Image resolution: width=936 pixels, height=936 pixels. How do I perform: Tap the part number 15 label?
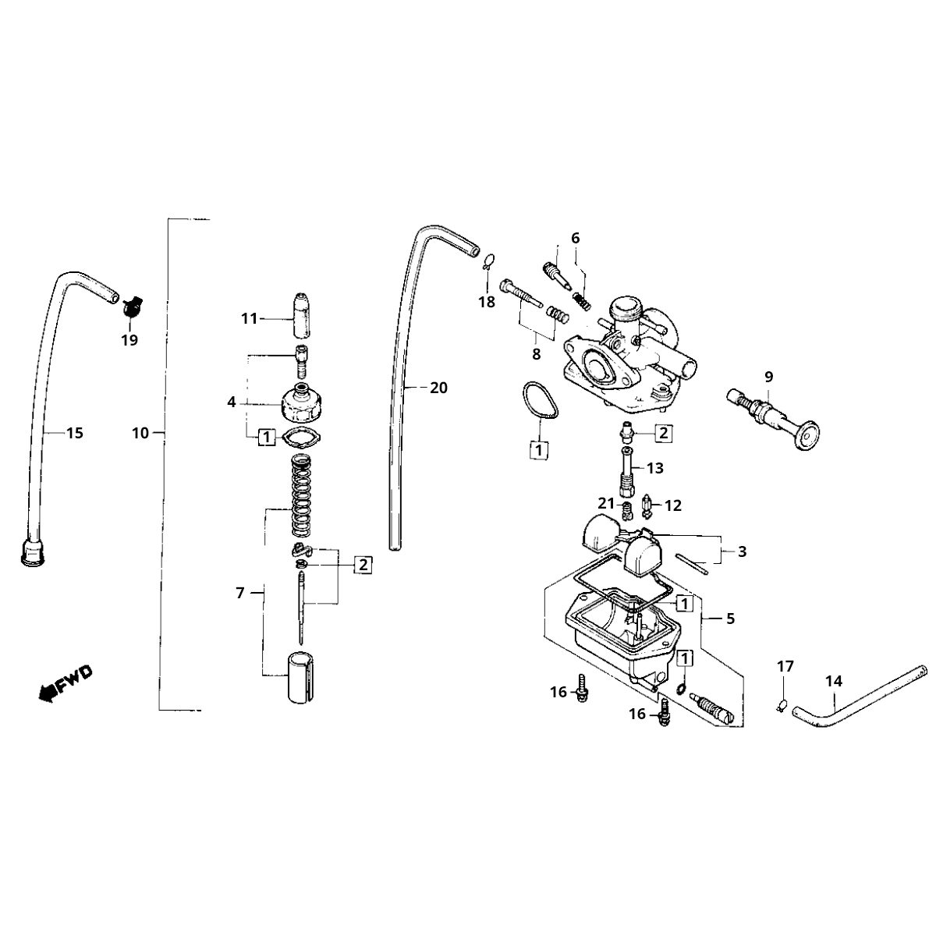[x=74, y=433]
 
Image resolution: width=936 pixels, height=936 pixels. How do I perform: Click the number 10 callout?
[x=140, y=433]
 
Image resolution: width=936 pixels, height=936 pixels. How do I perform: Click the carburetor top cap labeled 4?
[x=301, y=402]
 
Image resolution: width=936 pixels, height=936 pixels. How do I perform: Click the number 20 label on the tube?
[x=439, y=388]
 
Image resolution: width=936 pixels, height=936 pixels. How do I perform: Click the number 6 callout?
[x=576, y=238]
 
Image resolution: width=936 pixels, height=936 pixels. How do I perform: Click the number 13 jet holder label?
[x=654, y=468]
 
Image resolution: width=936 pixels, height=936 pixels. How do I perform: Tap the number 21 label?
[x=607, y=504]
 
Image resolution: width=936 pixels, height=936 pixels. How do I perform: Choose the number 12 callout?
[x=672, y=505]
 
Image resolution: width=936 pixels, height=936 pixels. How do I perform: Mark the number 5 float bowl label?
[x=730, y=619]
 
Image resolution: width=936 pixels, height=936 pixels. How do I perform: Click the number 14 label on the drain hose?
[x=834, y=681]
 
